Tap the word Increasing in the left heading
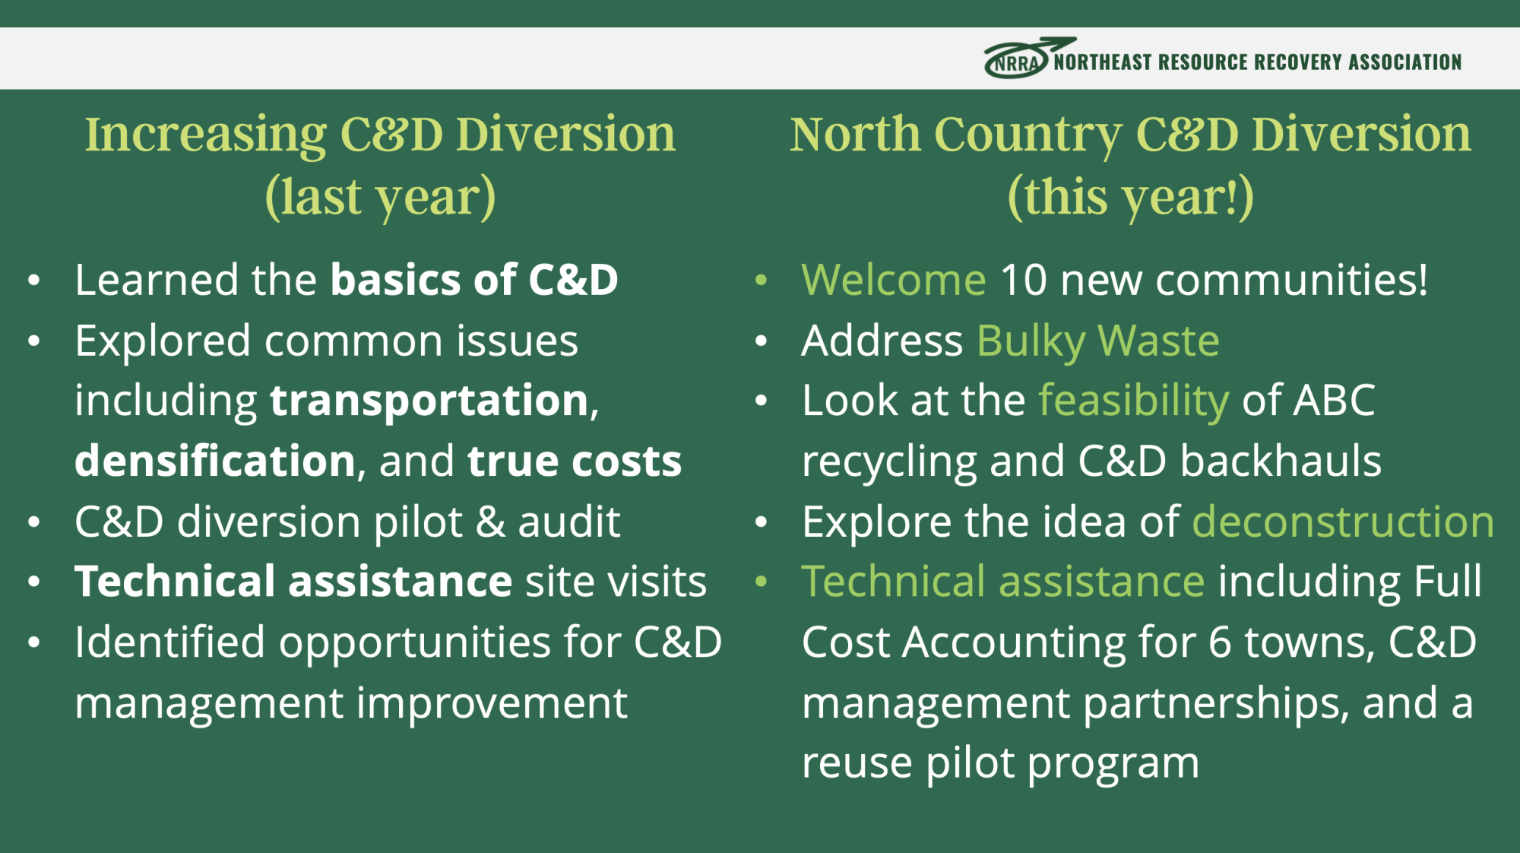pyautogui.click(x=205, y=135)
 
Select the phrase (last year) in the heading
pyautogui.click(x=380, y=197)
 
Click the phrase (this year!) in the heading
pyautogui.click(x=1130, y=197)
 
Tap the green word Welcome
pyautogui.click(x=894, y=280)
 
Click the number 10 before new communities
pyautogui.click(x=1024, y=280)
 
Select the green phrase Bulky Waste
pyautogui.click(x=1098, y=341)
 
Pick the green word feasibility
pyautogui.click(x=1134, y=401)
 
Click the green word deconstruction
pyautogui.click(x=1343, y=522)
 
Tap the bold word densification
pyautogui.click(x=215, y=461)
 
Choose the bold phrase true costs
pyautogui.click(x=575, y=461)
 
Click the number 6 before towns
pyautogui.click(x=1220, y=642)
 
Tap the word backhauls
pyautogui.click(x=1281, y=461)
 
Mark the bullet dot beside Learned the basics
pyautogui.click(x=33, y=281)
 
